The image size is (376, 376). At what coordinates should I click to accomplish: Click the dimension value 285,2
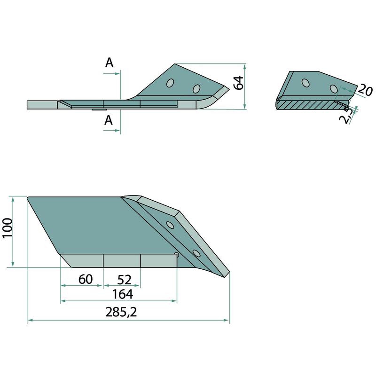[x=121, y=312]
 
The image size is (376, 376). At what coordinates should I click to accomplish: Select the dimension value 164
[x=123, y=294]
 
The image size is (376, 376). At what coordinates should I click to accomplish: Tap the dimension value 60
[x=86, y=279]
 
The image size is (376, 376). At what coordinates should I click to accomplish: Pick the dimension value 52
[x=125, y=280]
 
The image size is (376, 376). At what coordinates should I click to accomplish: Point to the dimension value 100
[x=8, y=228]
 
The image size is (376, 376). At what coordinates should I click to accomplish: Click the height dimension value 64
[x=239, y=83]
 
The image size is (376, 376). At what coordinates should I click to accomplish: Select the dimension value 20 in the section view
[x=366, y=90]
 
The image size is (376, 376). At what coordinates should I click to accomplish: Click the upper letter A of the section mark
[x=109, y=63]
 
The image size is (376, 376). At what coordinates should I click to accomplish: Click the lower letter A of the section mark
[x=109, y=120]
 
